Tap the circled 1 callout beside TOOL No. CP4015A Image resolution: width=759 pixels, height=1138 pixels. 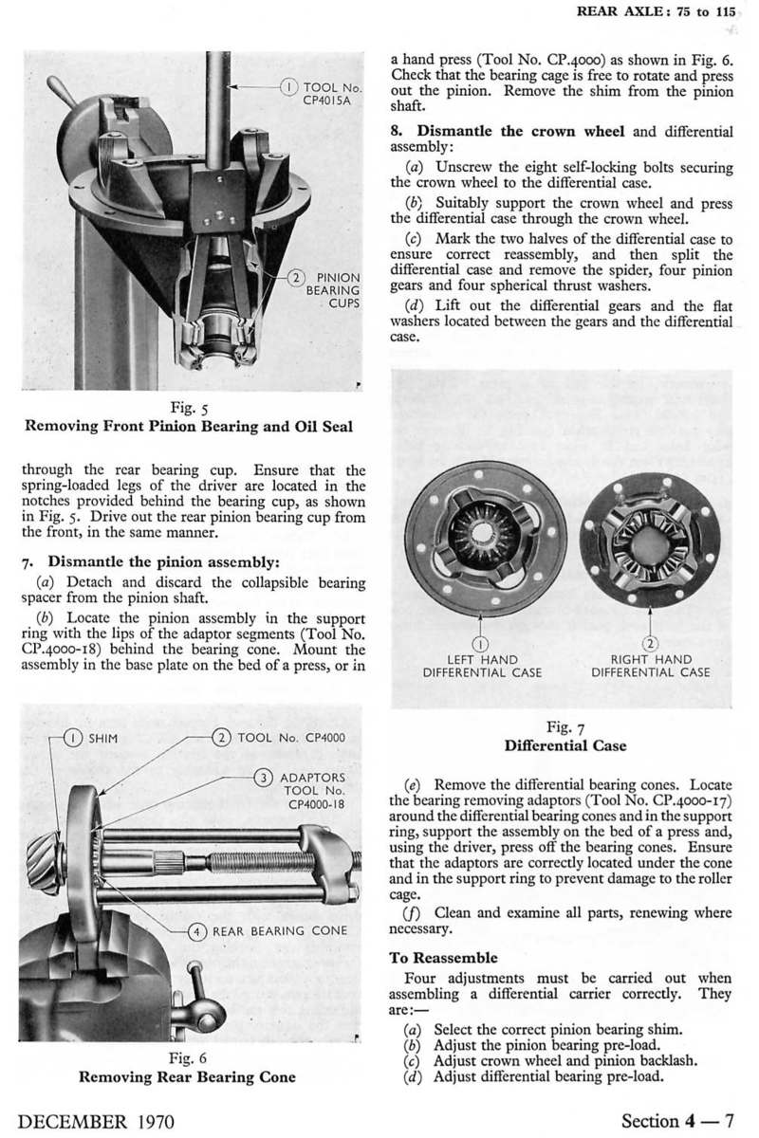point(288,87)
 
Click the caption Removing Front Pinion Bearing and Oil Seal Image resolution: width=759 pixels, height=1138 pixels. point(187,427)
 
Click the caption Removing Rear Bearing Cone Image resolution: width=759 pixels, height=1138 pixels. point(187,1076)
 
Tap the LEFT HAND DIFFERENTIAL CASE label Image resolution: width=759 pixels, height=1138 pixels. point(481,666)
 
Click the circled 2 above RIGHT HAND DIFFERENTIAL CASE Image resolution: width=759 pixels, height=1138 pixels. point(649,643)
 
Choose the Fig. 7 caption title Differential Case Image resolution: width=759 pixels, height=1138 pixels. point(565,745)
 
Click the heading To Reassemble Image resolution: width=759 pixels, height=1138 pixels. point(443,958)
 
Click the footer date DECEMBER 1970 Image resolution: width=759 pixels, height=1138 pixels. point(97,1120)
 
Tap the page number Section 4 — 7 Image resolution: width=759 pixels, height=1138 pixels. point(673,1120)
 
